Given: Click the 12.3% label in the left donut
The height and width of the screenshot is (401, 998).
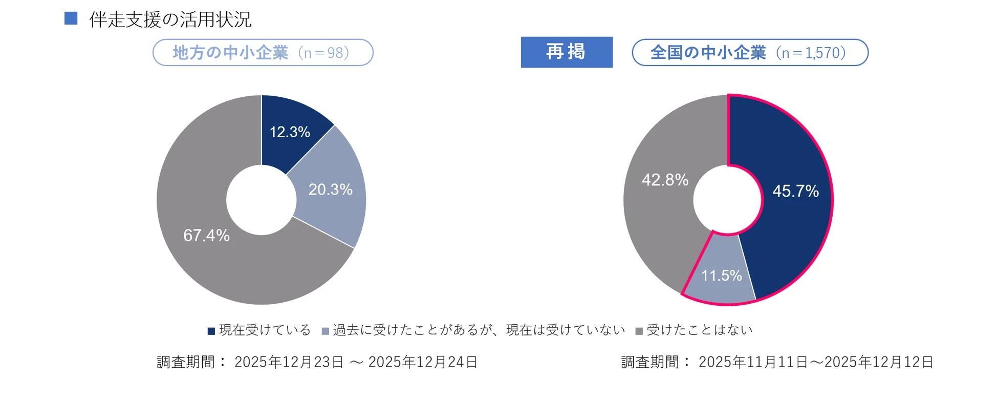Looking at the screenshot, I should click(x=290, y=132).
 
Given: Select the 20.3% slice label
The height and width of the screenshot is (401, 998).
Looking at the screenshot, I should click(x=330, y=189).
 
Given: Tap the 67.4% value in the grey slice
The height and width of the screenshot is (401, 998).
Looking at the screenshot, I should click(x=206, y=236).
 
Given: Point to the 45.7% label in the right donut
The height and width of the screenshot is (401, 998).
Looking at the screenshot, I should click(x=795, y=191).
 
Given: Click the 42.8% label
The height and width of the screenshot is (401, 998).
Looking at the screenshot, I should click(x=665, y=180).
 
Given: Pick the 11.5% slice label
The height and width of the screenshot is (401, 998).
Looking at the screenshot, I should click(x=721, y=276).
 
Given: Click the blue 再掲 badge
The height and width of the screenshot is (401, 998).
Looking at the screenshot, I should click(x=566, y=52).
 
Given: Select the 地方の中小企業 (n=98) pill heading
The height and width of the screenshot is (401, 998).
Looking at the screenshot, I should click(x=263, y=53).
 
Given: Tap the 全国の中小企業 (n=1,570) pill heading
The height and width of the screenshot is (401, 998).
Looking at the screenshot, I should click(x=750, y=53).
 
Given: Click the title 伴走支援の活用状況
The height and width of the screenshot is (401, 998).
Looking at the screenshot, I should click(x=170, y=20).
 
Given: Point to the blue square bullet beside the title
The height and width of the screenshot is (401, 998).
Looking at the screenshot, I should click(x=71, y=18).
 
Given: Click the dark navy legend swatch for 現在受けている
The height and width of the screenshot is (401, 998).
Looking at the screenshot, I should click(x=211, y=331).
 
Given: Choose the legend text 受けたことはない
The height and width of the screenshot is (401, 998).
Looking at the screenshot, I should click(x=700, y=330).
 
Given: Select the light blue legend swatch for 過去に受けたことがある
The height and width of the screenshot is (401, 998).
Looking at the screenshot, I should click(x=325, y=331).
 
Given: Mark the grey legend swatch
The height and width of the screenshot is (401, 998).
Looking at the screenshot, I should click(x=639, y=331).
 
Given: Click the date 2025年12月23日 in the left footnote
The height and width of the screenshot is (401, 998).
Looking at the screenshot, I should click(x=289, y=362).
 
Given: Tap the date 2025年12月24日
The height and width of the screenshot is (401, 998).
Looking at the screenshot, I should click(x=423, y=362).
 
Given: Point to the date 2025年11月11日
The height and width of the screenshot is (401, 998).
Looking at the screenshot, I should click(x=753, y=362).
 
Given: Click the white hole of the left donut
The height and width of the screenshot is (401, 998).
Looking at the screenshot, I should click(x=261, y=200).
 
